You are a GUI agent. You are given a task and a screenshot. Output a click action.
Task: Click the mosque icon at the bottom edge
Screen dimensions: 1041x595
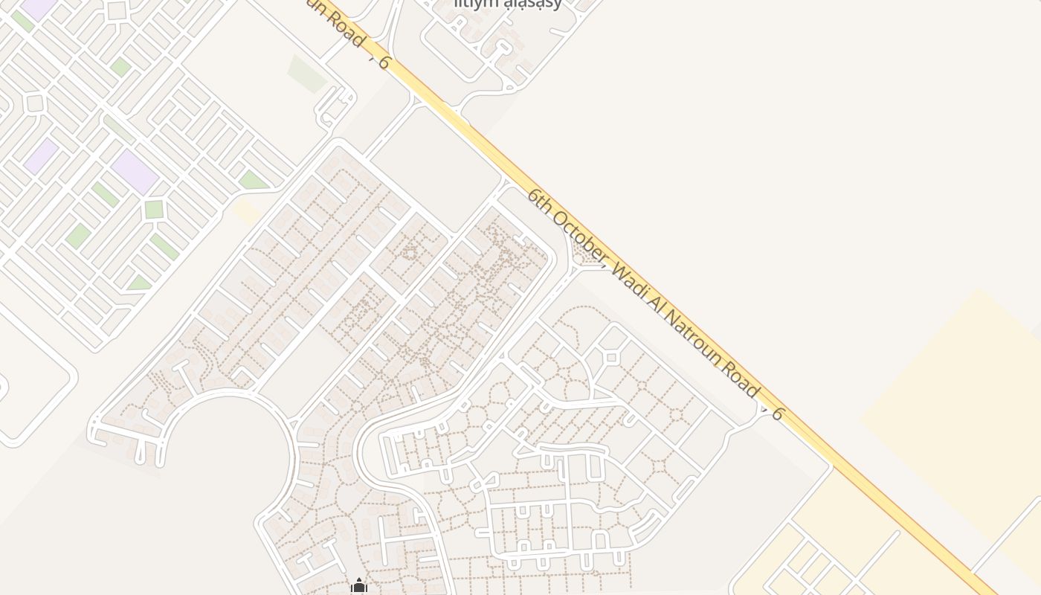coord(359,587)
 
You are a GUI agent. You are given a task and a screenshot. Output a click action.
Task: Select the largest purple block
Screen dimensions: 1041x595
coord(135,172)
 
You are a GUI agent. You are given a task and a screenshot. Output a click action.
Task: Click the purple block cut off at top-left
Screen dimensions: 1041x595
coord(39,7)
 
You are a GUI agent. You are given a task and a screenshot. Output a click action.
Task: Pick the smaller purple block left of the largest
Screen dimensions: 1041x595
coord(41,156)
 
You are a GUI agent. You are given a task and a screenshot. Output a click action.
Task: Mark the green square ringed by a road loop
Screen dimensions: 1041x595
coord(154,209)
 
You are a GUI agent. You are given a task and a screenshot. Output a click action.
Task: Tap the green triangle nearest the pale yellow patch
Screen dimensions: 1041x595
coord(253,181)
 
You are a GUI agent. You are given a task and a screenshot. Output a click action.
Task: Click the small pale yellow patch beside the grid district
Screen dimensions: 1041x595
coord(246,211)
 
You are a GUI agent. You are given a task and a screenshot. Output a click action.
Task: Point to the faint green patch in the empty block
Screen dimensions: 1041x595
coord(307,73)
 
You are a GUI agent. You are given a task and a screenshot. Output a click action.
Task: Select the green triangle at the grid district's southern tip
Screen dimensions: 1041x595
coord(139,283)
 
